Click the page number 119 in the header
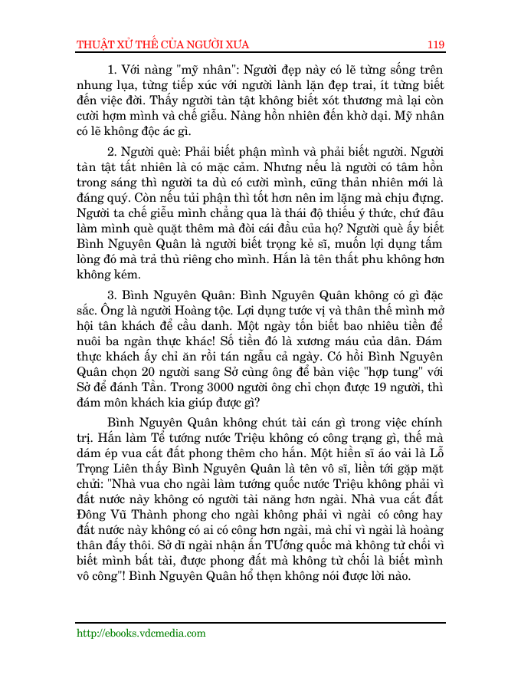tap(436, 44)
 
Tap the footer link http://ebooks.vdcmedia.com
tap(141, 634)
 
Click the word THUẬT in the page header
tap(95, 44)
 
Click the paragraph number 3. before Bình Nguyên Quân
tap(113, 296)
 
